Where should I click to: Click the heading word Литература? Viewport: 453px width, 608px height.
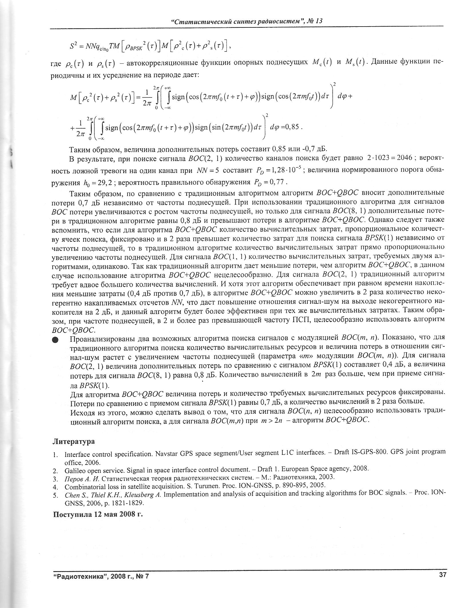click(x=73, y=441)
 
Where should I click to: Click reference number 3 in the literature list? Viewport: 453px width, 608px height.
click(x=55, y=477)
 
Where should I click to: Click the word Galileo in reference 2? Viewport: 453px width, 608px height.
click(x=75, y=469)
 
